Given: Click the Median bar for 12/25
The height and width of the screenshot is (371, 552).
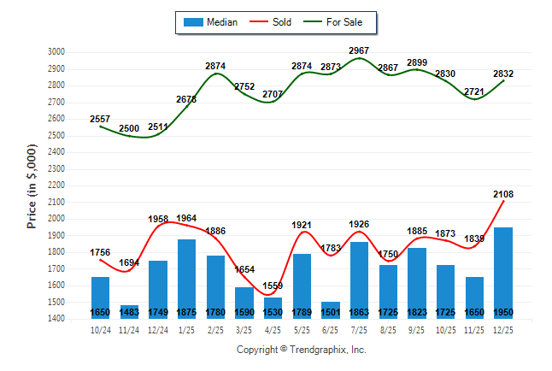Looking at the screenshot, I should click(x=502, y=269).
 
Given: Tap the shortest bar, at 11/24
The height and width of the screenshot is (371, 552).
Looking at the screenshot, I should click(x=129, y=311).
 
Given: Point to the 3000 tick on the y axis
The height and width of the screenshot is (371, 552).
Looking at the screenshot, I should click(x=56, y=52).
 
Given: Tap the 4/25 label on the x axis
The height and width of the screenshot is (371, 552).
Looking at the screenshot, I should click(x=273, y=328).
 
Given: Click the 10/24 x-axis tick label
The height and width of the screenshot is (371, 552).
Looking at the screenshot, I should click(x=100, y=328).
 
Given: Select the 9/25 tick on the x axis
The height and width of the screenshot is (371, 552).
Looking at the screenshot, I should click(x=416, y=328).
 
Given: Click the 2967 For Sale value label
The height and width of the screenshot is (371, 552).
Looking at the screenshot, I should click(x=359, y=50).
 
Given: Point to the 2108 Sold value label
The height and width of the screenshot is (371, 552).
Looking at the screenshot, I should click(x=502, y=195).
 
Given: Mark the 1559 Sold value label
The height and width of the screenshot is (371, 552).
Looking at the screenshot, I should click(x=273, y=286).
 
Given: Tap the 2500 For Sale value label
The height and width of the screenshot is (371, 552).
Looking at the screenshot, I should click(x=129, y=128).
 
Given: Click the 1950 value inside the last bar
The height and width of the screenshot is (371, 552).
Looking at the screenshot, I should click(x=502, y=313).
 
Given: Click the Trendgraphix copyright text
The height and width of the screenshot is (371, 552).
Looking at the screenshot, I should click(x=301, y=350).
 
